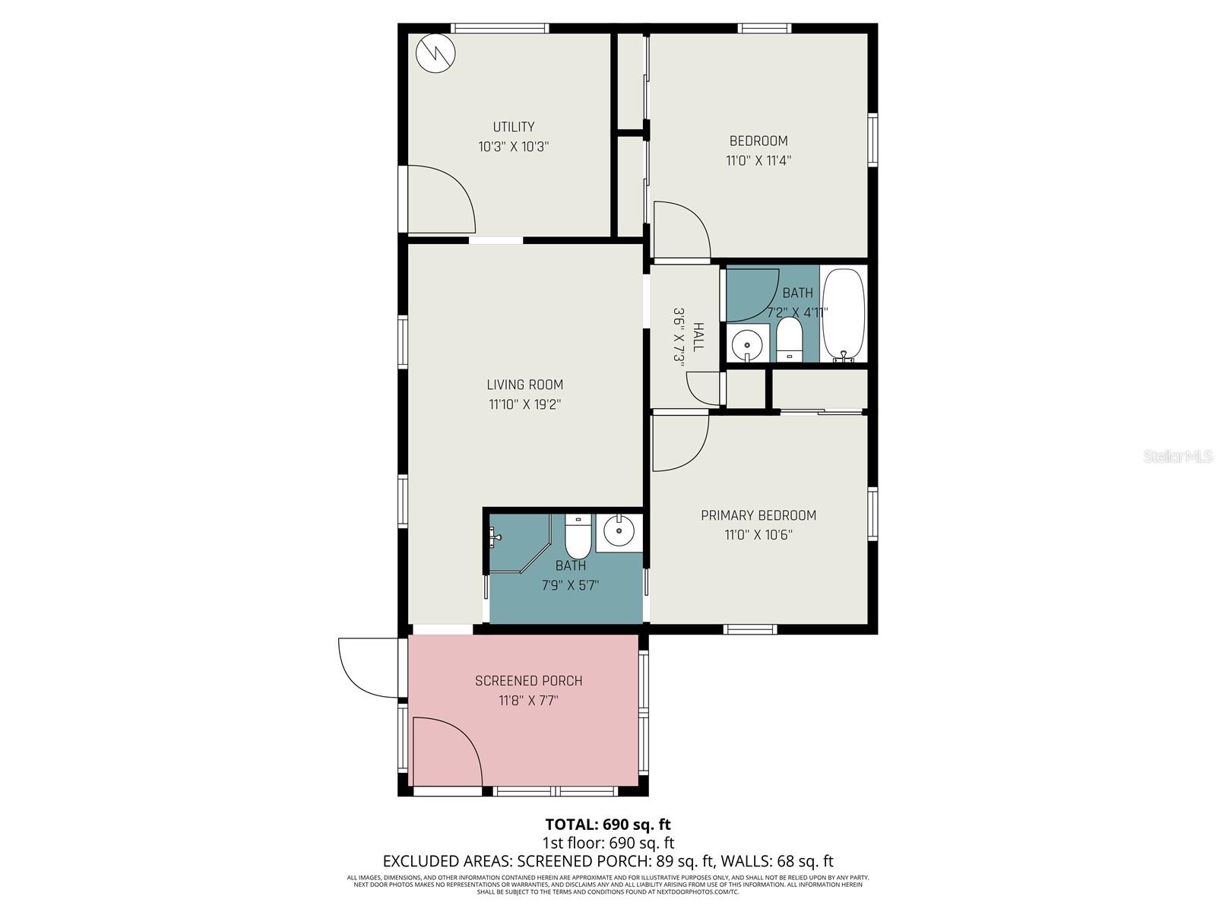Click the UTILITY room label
(514, 127)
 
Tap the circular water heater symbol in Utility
(435, 53)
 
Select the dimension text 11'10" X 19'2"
(524, 404)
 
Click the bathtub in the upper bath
(844, 313)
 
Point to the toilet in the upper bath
(790, 340)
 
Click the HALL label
(698, 337)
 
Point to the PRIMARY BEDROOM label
(758, 515)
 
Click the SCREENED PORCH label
(529, 681)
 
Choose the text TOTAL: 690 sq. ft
(608, 825)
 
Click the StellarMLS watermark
(1178, 457)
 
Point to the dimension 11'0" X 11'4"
(758, 160)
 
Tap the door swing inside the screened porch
(445, 752)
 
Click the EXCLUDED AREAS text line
(608, 861)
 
